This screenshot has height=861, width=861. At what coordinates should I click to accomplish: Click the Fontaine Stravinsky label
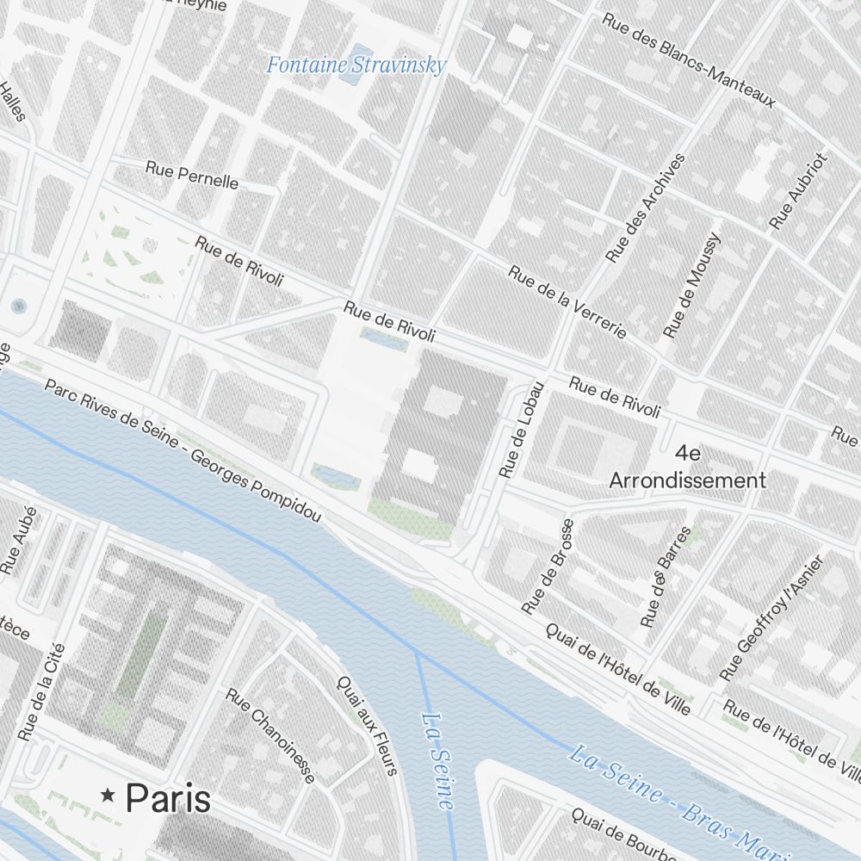click(356, 65)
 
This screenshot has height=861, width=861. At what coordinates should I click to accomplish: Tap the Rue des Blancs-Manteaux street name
click(688, 59)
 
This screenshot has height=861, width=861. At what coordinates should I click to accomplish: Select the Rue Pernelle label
click(192, 175)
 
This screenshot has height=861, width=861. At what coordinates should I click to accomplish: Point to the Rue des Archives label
click(646, 208)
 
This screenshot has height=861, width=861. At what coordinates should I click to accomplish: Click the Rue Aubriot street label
click(798, 192)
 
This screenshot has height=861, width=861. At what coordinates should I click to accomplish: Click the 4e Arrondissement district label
click(687, 468)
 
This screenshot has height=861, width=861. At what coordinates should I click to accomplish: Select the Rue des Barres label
click(666, 577)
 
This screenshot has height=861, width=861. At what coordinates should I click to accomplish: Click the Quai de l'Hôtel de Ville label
click(618, 668)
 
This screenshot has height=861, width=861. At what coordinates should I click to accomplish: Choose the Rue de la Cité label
click(41, 691)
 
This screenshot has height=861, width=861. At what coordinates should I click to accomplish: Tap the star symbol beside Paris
click(108, 796)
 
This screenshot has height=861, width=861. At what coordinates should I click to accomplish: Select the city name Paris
click(168, 798)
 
